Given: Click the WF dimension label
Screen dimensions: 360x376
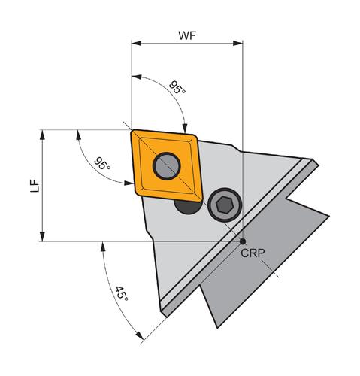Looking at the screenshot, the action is click(x=187, y=35).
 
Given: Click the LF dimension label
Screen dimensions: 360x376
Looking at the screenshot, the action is click(x=35, y=186).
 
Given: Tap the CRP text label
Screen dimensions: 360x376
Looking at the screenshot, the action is click(x=253, y=253).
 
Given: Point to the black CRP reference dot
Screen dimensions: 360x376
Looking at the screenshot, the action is click(x=243, y=241).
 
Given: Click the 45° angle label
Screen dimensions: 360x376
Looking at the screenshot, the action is click(x=122, y=293).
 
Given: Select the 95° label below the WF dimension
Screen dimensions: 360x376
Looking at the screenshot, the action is click(x=177, y=87).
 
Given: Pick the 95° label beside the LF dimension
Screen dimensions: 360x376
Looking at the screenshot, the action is click(x=102, y=163).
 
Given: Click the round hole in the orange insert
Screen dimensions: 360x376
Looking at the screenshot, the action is click(x=167, y=166).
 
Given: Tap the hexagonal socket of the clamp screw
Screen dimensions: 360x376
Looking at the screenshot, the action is click(x=225, y=205).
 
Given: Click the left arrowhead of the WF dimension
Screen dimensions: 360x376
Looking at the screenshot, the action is click(x=136, y=44).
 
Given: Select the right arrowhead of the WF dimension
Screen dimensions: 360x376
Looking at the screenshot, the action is click(x=237, y=44).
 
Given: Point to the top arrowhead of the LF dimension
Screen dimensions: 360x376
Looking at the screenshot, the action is click(x=42, y=135).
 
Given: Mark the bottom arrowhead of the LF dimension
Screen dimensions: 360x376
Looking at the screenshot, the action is click(x=42, y=236).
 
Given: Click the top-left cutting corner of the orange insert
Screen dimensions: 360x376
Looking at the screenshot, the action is click(x=133, y=131).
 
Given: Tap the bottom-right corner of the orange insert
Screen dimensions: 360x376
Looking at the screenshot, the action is click(x=201, y=200).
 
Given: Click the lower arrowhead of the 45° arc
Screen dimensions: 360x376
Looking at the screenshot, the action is click(x=139, y=336).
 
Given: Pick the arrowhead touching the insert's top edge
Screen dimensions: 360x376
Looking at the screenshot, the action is click(x=185, y=128).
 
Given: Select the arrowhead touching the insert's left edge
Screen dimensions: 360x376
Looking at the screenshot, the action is click(x=129, y=183).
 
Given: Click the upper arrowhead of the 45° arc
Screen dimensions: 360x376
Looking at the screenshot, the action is click(x=103, y=247).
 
